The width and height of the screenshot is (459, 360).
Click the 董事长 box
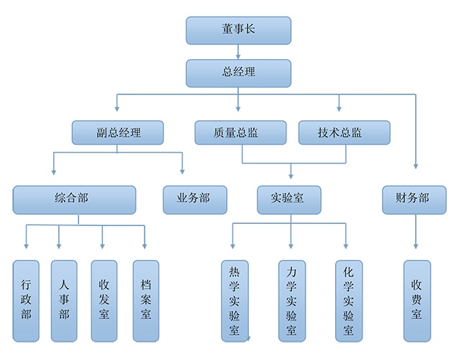coord(238,30)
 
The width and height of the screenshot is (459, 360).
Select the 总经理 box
coord(238,73)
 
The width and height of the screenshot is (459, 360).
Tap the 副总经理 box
coord(118,133)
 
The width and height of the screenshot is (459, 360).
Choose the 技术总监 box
coord(344,133)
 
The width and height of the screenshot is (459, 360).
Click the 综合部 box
coord(74,199)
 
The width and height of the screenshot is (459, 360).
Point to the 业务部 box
coord(195,199)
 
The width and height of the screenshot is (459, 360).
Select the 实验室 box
coord(289,199)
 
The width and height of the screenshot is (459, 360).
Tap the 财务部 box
coord(414,199)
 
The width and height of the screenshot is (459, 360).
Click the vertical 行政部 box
coord(27,300)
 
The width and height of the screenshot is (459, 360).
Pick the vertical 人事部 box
coord(64,300)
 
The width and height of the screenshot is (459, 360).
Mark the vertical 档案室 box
coord(146,300)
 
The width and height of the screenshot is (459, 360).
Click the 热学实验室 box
coord(235,300)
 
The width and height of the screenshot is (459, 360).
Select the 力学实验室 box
coord(291,300)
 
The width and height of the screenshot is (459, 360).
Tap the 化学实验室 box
coord(349,300)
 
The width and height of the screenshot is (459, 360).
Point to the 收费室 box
coord(417,300)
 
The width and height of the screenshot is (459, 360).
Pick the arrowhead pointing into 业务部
coord(182,171)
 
